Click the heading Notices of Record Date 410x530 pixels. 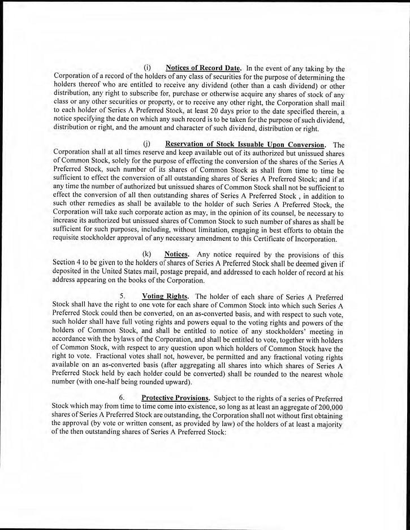200,69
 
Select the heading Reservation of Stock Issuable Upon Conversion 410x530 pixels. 245,145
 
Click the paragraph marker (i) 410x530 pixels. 148,69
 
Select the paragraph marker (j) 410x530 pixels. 148,145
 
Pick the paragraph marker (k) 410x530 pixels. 148,254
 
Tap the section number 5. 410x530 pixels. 122,296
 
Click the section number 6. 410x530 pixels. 122,398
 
